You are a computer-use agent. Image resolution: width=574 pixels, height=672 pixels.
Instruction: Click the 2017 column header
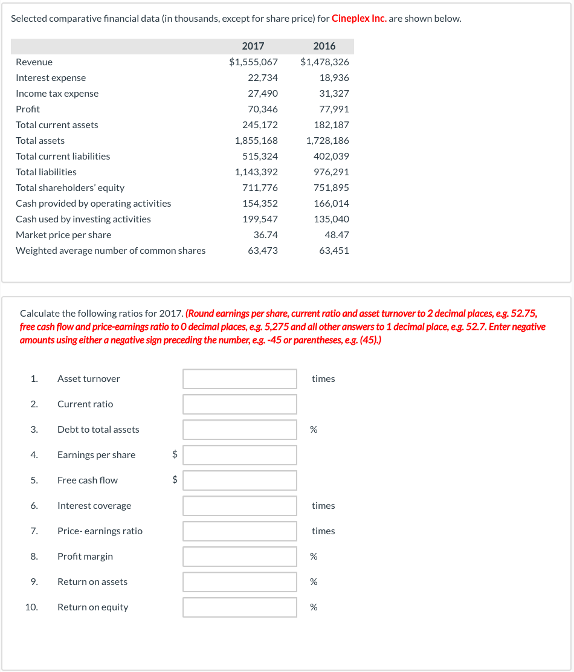click(x=253, y=47)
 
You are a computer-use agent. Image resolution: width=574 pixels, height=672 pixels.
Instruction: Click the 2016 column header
click(x=324, y=47)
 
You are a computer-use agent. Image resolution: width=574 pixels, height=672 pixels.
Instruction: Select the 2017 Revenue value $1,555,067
click(x=253, y=62)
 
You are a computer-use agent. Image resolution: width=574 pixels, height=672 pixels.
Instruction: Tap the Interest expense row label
click(x=51, y=78)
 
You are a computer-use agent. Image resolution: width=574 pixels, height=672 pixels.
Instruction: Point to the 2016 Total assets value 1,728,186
click(x=327, y=141)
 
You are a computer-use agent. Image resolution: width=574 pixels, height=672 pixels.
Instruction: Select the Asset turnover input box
click(x=240, y=379)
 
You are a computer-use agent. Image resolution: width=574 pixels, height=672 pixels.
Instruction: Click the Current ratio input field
click(x=240, y=404)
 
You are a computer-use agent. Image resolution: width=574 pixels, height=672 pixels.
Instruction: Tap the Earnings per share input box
click(x=240, y=455)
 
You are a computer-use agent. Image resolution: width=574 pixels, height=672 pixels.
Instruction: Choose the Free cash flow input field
click(x=240, y=480)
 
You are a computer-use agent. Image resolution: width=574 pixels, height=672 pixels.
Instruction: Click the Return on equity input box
click(x=240, y=607)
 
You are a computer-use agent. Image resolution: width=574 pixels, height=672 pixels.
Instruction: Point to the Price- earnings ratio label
click(x=100, y=531)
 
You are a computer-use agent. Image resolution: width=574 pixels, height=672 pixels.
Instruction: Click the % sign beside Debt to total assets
click(x=314, y=430)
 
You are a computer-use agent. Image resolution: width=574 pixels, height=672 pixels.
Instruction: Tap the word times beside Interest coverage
click(x=323, y=506)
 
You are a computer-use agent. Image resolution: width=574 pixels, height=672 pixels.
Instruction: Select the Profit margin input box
click(x=240, y=557)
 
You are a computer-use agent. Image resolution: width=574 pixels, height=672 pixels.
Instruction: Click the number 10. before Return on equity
click(x=32, y=607)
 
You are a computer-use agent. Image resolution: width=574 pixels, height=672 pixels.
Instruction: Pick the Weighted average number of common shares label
click(x=111, y=251)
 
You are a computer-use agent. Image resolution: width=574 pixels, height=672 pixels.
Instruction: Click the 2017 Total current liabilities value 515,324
click(x=260, y=157)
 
